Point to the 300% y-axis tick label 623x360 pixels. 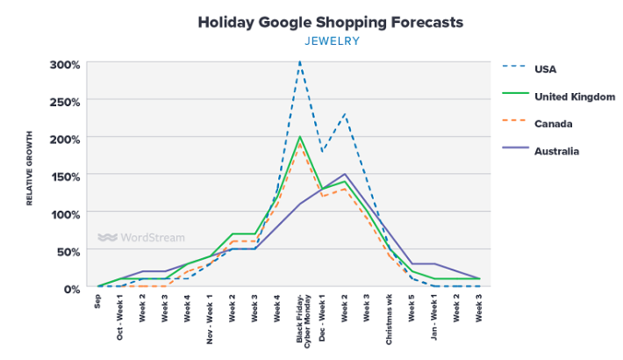pos(65,65)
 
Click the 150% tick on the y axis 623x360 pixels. pos(65,176)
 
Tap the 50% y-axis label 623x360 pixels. pos(68,251)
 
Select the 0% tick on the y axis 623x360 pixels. pos(72,288)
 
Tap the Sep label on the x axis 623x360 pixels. pos(98,301)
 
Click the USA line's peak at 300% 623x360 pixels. pos(300,62)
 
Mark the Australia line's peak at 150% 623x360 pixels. pos(345,175)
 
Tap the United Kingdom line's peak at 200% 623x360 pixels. pos(300,137)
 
